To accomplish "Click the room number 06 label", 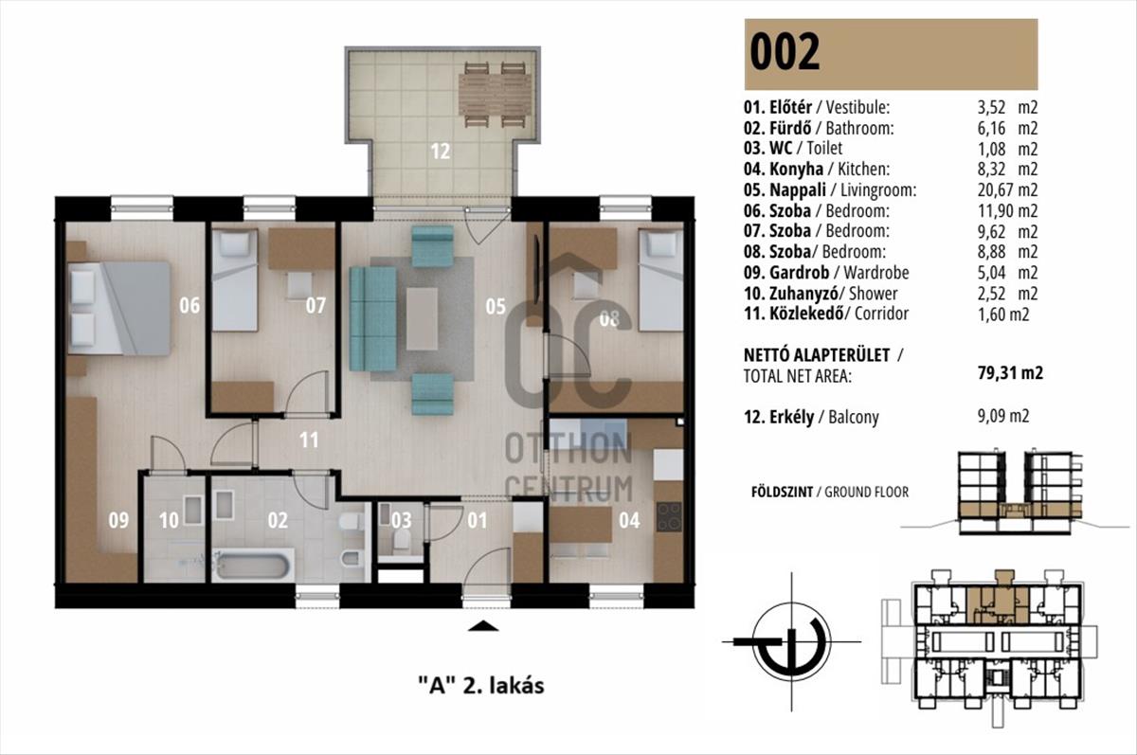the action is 189,305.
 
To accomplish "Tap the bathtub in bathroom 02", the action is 253,566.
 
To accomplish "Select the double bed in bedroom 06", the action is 119,308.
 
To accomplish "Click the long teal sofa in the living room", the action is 372,318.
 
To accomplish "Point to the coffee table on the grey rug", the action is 422,318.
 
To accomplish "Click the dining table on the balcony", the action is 496,95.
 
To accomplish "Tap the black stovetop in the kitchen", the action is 669,516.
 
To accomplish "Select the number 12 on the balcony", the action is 440,152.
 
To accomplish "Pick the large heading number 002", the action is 785,52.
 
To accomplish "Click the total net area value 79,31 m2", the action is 1010,373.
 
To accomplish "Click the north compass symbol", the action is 792,642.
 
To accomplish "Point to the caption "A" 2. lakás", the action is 481,686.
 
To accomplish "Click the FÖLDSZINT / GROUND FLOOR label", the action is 830,492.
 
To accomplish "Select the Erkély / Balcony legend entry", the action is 811,417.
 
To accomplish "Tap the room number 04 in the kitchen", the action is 629,520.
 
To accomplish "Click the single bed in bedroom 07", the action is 235,280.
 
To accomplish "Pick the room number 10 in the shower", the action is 169,520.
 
